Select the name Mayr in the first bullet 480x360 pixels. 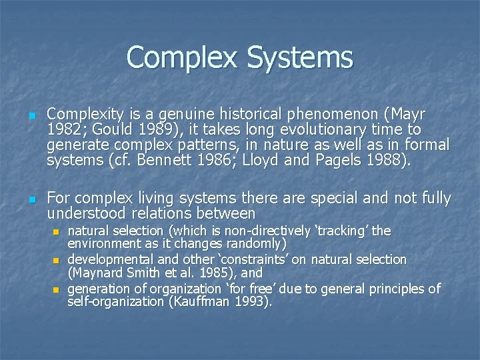click(x=408, y=114)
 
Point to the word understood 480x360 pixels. click(x=88, y=214)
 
